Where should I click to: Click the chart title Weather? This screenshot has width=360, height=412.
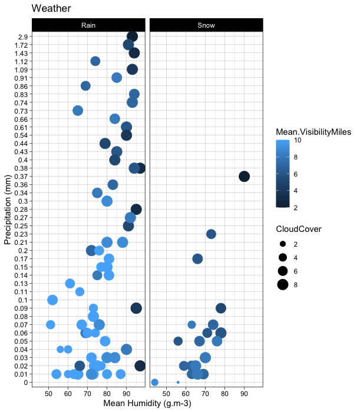point(51,9)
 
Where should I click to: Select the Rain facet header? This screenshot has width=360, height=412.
point(88,25)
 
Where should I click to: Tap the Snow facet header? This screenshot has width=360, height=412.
point(206,25)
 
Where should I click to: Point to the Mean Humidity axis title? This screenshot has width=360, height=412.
point(147,404)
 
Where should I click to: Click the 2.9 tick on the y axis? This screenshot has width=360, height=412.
point(22,36)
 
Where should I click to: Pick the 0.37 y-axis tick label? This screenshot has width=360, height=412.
point(20,177)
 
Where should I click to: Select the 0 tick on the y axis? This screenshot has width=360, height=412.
point(25,383)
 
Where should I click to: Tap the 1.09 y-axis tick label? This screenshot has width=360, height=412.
point(20,69)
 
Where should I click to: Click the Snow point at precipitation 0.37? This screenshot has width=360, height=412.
point(244,177)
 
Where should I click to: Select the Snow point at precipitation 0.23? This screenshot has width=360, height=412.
point(211,234)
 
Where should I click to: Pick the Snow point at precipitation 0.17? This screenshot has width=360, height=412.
point(197,259)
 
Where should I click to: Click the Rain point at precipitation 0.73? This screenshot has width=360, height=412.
point(78,111)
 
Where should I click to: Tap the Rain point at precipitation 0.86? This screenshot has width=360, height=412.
point(85,86)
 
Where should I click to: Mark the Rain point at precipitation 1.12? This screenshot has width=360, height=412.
point(95,61)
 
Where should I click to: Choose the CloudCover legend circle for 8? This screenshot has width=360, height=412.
point(283,285)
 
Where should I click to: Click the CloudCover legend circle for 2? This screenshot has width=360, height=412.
point(283,244)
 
